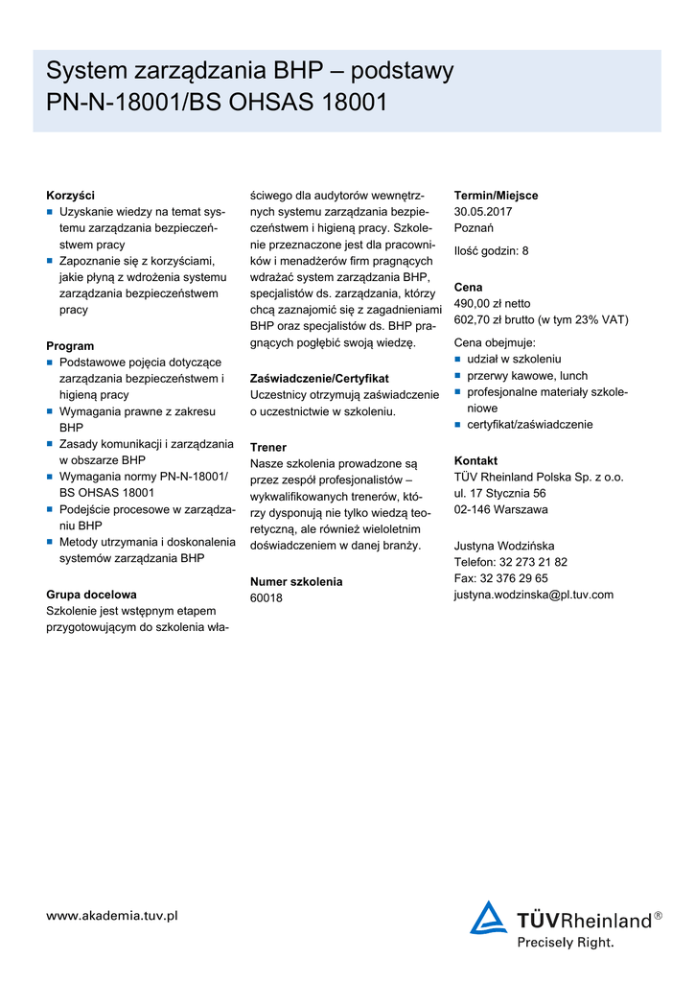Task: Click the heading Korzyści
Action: point(70,195)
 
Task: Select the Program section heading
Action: point(70,345)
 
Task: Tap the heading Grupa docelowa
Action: point(91,595)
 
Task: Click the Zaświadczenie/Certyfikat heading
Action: point(319,379)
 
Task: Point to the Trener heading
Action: point(268,447)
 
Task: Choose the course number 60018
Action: point(266,598)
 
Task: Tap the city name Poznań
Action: point(474,228)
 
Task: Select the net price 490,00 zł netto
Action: point(492,303)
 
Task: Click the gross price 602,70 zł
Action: point(488,319)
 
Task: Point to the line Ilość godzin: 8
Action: point(491,251)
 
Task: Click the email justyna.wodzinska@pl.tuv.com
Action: point(533,595)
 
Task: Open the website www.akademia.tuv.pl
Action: point(112,916)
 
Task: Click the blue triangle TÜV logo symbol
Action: point(488,918)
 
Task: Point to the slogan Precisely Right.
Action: point(566,943)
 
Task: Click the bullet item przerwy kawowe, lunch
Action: point(527,376)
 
